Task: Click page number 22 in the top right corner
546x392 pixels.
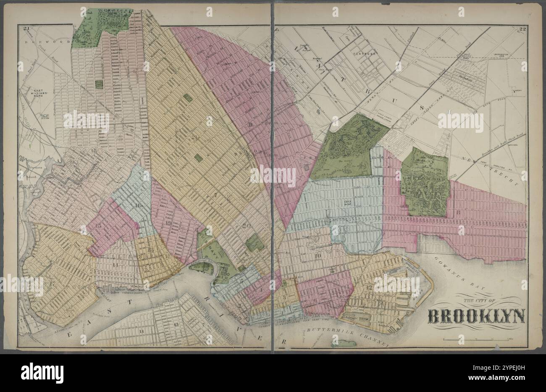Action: (x=523, y=29)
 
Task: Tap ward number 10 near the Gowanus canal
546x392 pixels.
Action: (x=318, y=255)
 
